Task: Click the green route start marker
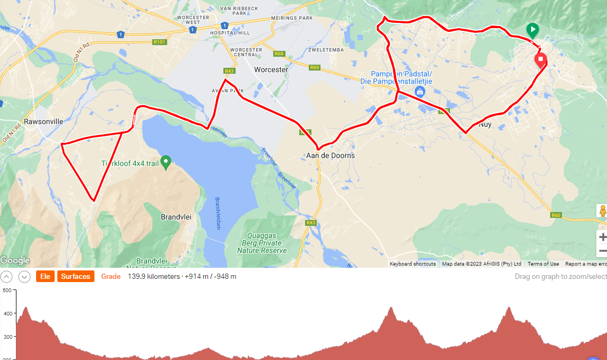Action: click(x=532, y=30)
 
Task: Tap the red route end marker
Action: click(x=541, y=59)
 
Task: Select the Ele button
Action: click(x=45, y=276)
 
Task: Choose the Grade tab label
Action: click(x=111, y=276)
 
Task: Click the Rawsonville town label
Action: click(x=44, y=121)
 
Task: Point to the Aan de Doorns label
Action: click(x=331, y=156)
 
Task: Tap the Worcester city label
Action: click(x=271, y=70)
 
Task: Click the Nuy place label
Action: click(x=485, y=125)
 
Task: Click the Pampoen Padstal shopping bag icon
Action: click(x=420, y=92)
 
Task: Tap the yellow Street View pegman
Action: click(x=602, y=211)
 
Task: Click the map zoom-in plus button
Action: click(x=602, y=237)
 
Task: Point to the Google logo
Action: click(x=15, y=260)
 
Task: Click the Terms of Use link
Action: click(x=543, y=264)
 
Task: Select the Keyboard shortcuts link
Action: click(x=413, y=264)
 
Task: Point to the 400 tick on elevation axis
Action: click(x=7, y=313)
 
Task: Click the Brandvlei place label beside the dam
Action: click(x=176, y=217)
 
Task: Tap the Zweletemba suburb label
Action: click(x=326, y=50)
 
